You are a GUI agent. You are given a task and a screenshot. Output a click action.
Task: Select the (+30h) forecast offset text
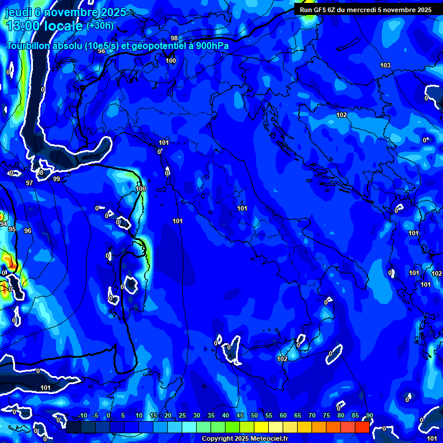click(100, 26)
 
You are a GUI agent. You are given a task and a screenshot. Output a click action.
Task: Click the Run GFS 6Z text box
click(365, 9)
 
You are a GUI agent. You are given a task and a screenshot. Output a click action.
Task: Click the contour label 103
click(385, 65)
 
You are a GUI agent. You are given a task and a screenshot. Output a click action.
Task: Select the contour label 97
click(29, 183)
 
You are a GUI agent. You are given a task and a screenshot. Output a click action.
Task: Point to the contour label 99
click(57, 179)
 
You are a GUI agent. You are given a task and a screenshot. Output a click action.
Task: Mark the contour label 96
click(28, 231)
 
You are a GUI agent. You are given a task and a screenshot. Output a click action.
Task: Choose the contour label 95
click(12, 229)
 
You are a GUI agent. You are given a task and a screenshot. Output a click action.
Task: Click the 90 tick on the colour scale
click(369, 416)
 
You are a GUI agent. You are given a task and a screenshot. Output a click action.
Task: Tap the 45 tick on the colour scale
click(239, 416)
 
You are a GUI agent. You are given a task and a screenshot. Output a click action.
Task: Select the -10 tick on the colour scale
click(82, 416)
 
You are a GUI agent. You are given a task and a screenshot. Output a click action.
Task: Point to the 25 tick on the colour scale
click(182, 416)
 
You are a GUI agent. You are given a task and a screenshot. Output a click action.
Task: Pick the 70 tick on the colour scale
click(311, 416)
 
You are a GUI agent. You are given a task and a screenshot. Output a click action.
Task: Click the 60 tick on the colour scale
click(283, 416)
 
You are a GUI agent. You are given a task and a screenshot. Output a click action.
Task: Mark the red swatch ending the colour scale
click(362, 427)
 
